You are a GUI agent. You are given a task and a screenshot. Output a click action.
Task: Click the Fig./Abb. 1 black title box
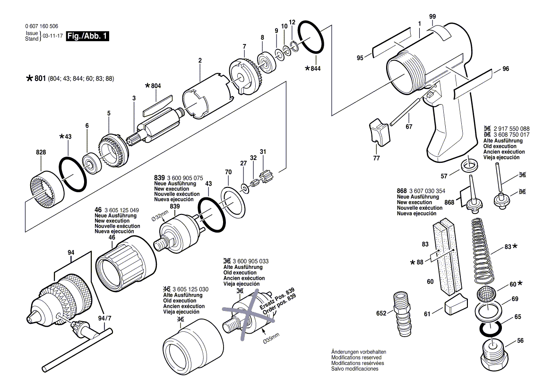87,36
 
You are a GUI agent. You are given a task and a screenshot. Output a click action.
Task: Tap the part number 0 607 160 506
42,26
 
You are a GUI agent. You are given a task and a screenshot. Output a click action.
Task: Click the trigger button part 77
379,132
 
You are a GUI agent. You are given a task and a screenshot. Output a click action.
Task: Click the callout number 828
41,152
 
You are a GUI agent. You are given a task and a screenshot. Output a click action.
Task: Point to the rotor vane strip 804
157,106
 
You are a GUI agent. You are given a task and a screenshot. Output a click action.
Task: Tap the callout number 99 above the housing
432,17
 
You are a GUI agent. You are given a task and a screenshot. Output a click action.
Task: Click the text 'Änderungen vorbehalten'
358,352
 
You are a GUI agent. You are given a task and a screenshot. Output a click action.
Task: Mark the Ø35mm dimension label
271,338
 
